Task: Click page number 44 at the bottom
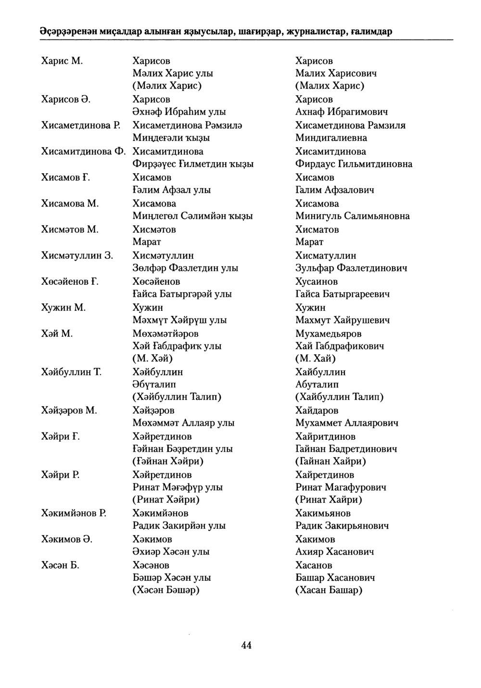point(246,646)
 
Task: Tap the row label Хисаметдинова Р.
point(80,125)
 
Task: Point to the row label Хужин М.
point(63,307)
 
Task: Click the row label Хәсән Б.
point(60,565)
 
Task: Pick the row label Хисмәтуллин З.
point(77,255)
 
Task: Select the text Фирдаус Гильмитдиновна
point(354,164)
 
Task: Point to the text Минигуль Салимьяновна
point(353,216)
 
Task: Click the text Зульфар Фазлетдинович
point(351,268)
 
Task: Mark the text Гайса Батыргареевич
point(342,293)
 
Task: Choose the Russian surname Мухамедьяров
point(329,333)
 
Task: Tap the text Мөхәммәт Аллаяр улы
point(183,423)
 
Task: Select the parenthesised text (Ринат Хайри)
point(329,499)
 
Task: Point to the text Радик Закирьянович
point(342,525)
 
